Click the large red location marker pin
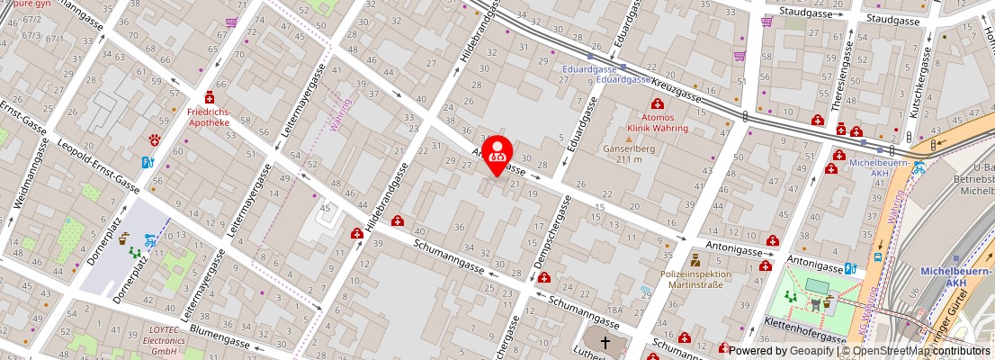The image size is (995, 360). click(x=497, y=154)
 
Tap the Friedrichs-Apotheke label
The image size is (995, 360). click(x=209, y=118)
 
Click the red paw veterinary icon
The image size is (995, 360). click(x=155, y=140)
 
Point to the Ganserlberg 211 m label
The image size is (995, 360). click(x=630, y=154)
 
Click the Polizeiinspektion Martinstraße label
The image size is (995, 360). click(x=695, y=279)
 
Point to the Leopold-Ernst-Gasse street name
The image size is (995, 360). click(x=97, y=168)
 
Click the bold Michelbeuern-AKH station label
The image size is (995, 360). click(x=955, y=275)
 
